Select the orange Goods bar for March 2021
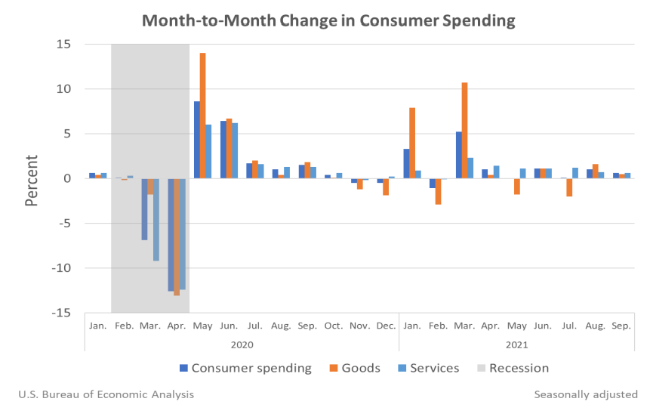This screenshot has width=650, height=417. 464,130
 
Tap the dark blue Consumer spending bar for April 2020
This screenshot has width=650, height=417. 171,234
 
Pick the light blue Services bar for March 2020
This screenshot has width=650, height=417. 156,219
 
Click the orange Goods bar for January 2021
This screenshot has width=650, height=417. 412,143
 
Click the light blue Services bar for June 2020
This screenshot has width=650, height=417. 235,150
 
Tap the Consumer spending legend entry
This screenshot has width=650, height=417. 245,369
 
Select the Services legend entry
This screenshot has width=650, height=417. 428,369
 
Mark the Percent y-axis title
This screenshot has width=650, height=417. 32,180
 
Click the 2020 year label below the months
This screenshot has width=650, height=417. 242,344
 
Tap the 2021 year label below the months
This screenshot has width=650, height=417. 516,344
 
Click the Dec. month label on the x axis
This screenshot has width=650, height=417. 385,325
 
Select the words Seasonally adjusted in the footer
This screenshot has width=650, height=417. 586,394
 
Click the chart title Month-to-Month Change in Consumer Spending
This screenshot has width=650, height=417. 328,20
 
